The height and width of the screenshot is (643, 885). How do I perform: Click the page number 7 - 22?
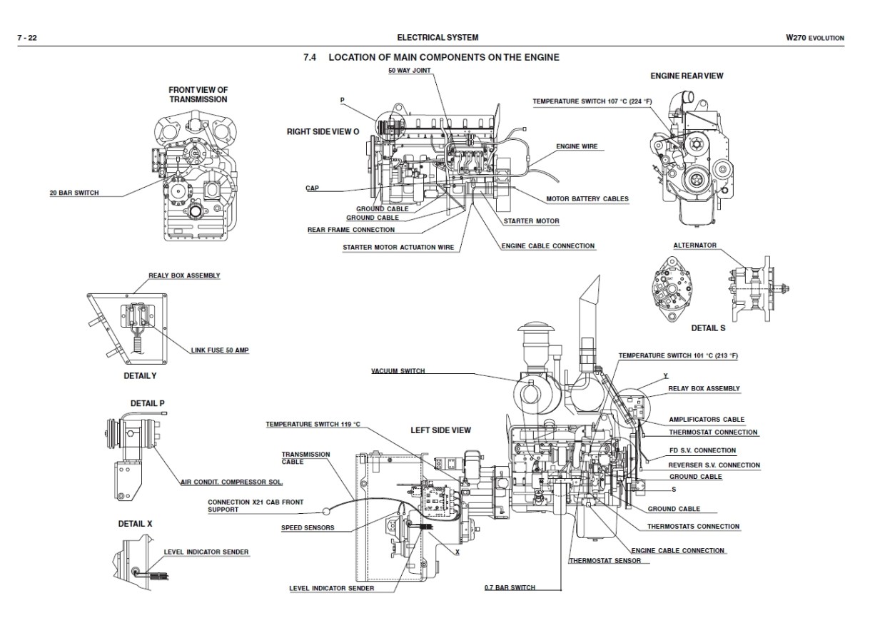point(27,38)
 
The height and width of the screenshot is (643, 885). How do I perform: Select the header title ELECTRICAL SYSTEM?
point(438,38)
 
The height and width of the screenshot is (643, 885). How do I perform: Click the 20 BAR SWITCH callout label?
point(74,193)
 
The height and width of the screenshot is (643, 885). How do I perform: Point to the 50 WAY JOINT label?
point(409,71)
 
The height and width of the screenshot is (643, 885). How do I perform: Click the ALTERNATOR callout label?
point(694,245)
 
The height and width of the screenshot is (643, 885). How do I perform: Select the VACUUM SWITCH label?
point(398,371)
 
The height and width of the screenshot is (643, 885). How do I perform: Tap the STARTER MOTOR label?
point(531,221)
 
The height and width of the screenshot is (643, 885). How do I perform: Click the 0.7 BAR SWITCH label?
point(510,588)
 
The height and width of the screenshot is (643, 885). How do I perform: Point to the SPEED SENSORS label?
point(308,528)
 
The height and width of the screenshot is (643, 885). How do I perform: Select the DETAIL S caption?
point(708,328)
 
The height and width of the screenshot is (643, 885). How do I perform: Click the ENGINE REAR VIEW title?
point(682,76)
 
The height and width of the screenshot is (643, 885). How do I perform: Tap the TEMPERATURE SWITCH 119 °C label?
point(313,425)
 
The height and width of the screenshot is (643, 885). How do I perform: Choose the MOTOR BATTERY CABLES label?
point(587,199)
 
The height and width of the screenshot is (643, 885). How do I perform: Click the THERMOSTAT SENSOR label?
point(605,561)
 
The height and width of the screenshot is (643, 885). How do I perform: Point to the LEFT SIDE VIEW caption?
point(440,430)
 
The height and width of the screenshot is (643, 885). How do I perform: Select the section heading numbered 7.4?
point(431,57)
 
